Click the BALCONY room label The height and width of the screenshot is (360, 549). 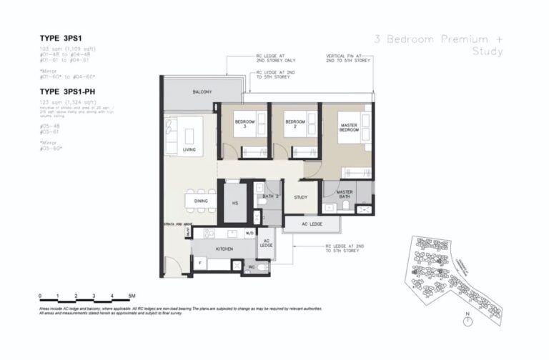pyautogui.click(x=190, y=92)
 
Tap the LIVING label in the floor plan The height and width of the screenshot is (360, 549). pyautogui.click(x=189, y=150)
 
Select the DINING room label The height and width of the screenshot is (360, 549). pyautogui.click(x=201, y=201)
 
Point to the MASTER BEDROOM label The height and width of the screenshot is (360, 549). pyautogui.click(x=349, y=128)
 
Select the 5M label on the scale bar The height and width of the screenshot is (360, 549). pyautogui.click(x=133, y=295)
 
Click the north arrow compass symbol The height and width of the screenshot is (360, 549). pyautogui.click(x=468, y=321)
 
